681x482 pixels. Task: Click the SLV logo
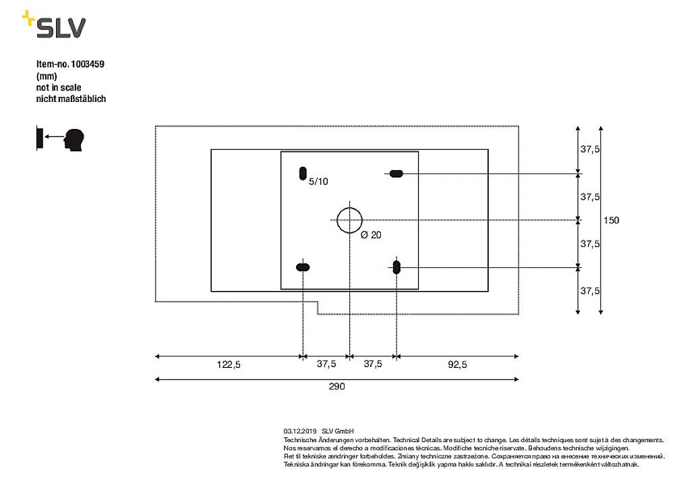point(54,24)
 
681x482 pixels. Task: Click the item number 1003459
point(87,64)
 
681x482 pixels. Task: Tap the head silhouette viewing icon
point(74,140)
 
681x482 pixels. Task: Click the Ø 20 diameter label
point(371,235)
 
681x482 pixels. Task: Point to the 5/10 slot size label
point(318,182)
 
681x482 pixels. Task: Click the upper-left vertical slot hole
point(303,173)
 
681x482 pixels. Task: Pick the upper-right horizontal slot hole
point(396,173)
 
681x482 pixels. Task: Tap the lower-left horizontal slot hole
point(303,267)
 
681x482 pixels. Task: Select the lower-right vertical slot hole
point(396,267)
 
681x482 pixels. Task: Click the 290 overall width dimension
point(336,386)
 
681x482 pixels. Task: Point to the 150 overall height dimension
point(611,220)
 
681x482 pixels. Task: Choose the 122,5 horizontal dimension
point(229,365)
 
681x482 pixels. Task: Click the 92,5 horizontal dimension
point(457,365)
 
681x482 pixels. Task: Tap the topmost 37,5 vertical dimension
point(590,149)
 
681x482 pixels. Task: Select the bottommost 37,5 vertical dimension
point(590,290)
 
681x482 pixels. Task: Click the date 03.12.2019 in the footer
point(300,431)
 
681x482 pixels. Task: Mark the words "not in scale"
point(59,88)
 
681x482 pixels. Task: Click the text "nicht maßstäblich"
point(71,99)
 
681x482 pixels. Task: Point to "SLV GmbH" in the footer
point(337,431)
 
